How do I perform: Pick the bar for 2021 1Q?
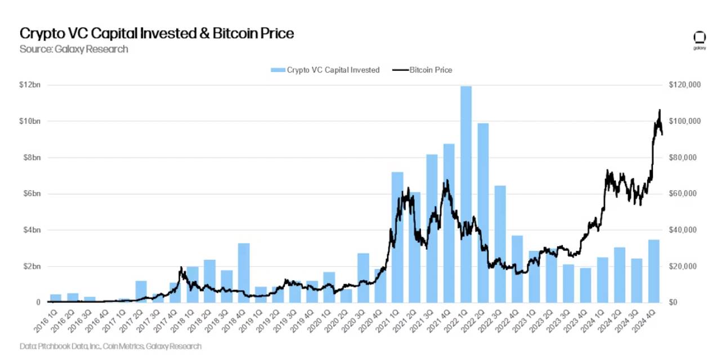[397, 237]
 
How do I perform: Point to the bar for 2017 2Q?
[141, 291]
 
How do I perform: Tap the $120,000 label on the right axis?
[684, 85]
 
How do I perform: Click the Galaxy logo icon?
[700, 39]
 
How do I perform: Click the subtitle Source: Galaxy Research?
[74, 49]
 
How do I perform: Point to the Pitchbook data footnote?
[110, 346]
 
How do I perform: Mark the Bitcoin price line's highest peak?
[660, 110]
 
